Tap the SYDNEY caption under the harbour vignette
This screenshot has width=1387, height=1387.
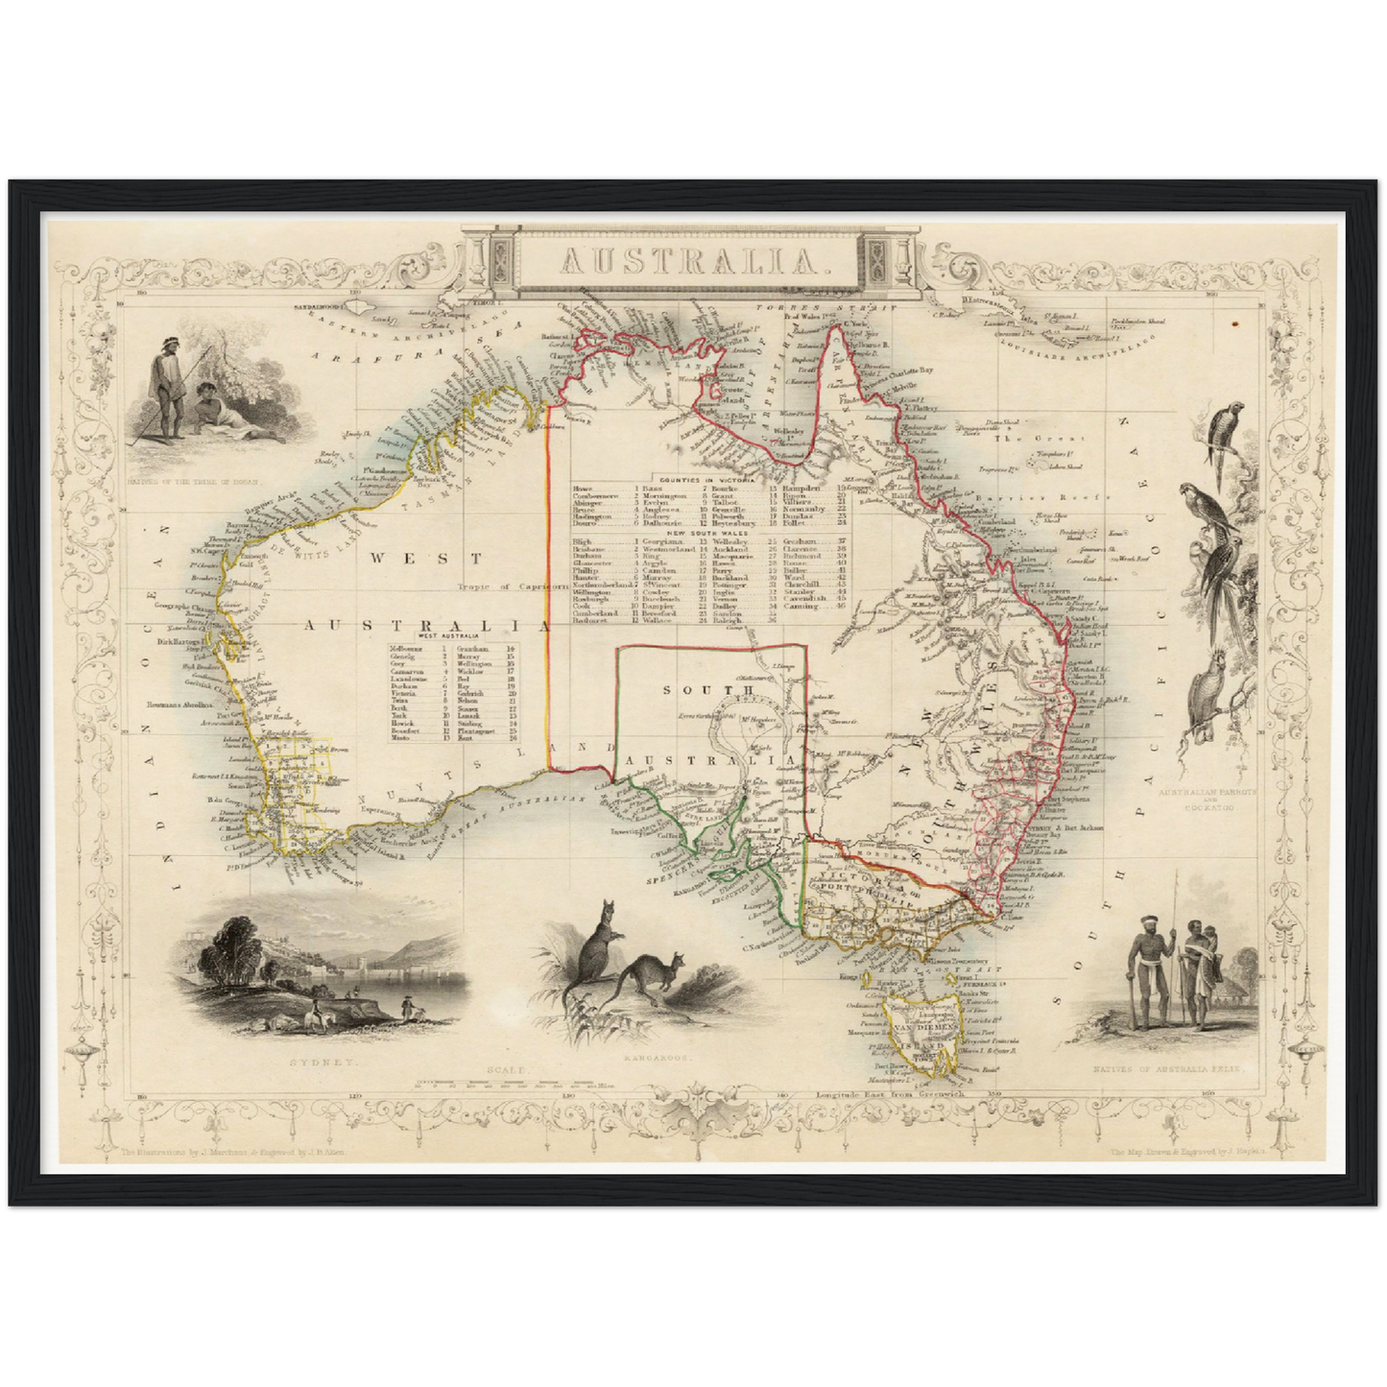pos(322,1064)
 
